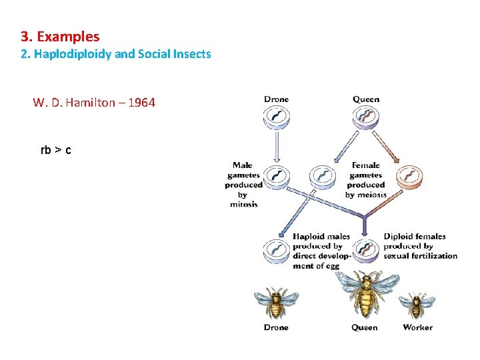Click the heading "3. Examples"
coord(60,36)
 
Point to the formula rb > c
coord(56,150)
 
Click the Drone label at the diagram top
coord(276,99)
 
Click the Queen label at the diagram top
coord(366,99)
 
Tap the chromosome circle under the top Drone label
coord(276,118)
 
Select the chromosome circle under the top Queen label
coord(366,118)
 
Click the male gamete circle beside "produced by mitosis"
coord(277,177)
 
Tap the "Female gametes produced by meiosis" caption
coord(366,180)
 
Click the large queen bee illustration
coord(365,294)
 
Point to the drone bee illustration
coord(276,303)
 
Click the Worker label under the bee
coord(417,327)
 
